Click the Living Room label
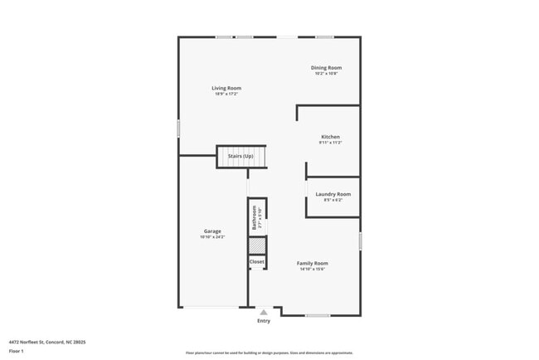pyautogui.click(x=226, y=88)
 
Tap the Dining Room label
pyautogui.click(x=326, y=68)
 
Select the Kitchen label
pyautogui.click(x=330, y=137)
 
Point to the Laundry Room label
pyautogui.click(x=333, y=194)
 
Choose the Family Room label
pyautogui.click(x=313, y=263)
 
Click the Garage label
pyautogui.click(x=212, y=231)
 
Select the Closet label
pyautogui.click(x=257, y=261)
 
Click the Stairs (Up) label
pyautogui.click(x=240, y=156)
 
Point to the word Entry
pyautogui.click(x=264, y=320)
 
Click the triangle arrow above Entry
pyautogui.click(x=264, y=312)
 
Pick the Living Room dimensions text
pyautogui.click(x=226, y=94)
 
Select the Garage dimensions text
pyautogui.click(x=212, y=237)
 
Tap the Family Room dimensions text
pyautogui.click(x=313, y=269)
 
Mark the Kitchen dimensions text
pyautogui.click(x=330, y=143)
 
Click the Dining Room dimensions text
pyautogui.click(x=326, y=74)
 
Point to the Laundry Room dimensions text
pyautogui.click(x=333, y=200)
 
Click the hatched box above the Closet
pyautogui.click(x=257, y=246)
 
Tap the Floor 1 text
pyautogui.click(x=17, y=351)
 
